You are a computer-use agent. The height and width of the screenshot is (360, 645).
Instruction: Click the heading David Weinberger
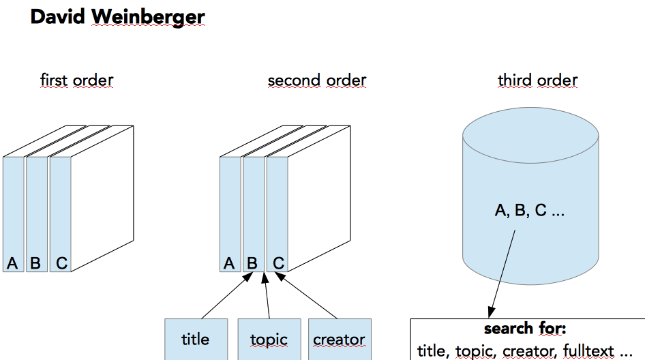tap(117, 18)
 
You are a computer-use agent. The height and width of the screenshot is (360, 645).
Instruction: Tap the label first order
tap(76, 80)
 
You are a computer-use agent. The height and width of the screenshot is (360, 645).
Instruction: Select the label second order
tap(317, 80)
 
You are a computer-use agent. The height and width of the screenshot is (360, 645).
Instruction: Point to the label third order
tap(537, 80)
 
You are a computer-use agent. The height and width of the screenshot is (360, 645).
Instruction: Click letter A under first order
tap(12, 262)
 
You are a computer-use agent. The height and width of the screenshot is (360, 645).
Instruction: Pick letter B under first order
tap(35, 262)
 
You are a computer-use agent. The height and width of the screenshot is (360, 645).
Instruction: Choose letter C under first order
tap(62, 262)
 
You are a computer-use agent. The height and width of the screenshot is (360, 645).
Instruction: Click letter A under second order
tap(230, 262)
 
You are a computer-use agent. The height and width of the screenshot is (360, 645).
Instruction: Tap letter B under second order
tap(252, 262)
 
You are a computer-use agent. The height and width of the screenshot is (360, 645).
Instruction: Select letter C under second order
tap(278, 262)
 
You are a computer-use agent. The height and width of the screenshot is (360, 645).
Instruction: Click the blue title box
tap(196, 339)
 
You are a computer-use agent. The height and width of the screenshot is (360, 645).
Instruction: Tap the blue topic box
tap(269, 339)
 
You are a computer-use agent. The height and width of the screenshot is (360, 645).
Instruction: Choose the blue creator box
tap(340, 339)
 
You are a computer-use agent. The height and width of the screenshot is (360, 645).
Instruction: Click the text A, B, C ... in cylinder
tap(530, 211)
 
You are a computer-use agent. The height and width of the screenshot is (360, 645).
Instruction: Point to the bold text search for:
tap(525, 329)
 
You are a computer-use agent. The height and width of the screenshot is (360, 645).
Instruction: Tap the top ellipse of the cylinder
tap(530, 130)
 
